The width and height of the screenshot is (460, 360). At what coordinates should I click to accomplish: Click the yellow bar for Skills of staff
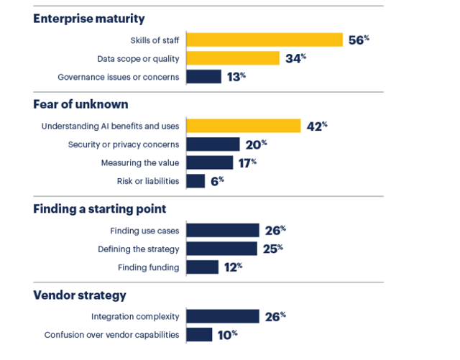point(264,40)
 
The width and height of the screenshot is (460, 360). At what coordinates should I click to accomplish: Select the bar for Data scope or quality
point(232,58)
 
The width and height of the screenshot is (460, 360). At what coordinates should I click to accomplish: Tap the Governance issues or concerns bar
point(203,77)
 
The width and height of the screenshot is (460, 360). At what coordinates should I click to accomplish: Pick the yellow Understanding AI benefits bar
point(243,126)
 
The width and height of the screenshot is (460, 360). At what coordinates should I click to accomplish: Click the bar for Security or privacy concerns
point(213,144)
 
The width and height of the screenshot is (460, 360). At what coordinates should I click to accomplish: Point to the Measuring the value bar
point(209,162)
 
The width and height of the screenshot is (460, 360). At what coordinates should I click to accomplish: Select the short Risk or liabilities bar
point(195,181)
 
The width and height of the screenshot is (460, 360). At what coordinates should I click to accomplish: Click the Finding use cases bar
point(222,230)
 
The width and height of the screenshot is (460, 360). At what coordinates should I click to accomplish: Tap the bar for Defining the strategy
point(221,249)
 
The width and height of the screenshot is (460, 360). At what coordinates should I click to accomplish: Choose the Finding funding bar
point(202,267)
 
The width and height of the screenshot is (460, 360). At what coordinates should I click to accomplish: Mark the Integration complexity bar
point(222,316)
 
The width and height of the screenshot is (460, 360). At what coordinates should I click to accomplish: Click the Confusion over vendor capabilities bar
point(199,335)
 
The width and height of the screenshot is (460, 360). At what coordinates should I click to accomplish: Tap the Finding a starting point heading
point(100,209)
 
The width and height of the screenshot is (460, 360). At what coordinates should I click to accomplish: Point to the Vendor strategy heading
point(80,295)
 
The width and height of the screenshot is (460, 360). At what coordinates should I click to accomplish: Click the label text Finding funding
point(149,267)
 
